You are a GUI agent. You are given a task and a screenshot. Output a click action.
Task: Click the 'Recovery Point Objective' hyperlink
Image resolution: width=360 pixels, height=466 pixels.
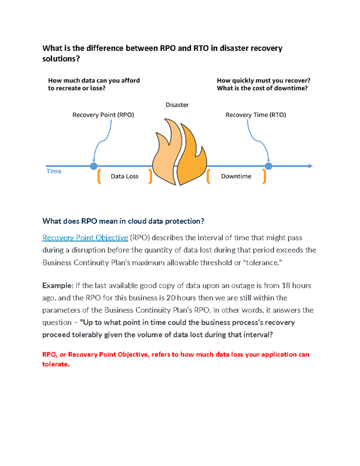tap(85, 238)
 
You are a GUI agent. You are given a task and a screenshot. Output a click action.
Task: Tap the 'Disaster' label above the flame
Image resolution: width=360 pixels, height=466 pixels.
tap(177, 105)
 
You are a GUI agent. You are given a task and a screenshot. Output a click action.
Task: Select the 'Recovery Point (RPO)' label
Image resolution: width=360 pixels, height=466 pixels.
tap(103, 115)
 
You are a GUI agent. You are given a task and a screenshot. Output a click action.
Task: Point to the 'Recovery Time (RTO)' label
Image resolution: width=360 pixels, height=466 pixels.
tap(256, 115)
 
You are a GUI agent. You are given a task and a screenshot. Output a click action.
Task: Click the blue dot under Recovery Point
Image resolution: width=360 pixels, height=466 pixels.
tap(94, 166)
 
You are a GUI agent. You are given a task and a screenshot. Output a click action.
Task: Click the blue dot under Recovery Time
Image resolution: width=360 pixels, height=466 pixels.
tap(268, 166)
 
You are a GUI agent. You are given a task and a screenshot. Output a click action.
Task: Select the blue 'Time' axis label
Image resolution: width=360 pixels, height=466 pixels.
tap(54, 171)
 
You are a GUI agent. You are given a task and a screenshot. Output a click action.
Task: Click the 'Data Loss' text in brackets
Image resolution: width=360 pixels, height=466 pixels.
tap(124, 176)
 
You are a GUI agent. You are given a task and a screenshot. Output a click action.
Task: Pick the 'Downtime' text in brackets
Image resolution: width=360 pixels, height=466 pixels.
tap(236, 176)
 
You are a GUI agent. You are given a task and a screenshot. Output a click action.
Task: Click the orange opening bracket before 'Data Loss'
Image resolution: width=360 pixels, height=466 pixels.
tap(99, 176)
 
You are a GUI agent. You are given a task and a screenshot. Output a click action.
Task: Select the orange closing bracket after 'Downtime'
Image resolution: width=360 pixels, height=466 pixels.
tap(264, 176)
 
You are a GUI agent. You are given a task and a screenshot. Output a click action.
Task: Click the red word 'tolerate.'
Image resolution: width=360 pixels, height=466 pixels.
tap(56, 364)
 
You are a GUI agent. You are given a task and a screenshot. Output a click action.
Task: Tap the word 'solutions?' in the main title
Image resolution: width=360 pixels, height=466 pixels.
tap(61, 59)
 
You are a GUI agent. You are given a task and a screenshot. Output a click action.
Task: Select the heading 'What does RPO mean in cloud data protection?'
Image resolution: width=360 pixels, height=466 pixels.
tap(123, 221)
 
